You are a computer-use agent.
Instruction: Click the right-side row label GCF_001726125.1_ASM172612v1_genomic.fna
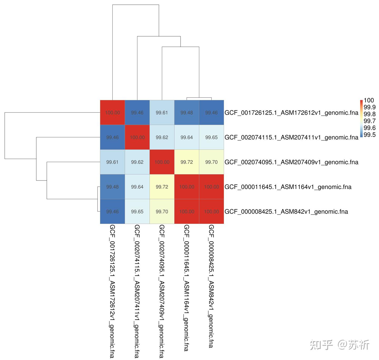click(x=291, y=113)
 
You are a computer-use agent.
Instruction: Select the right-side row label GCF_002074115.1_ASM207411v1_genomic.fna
click(x=291, y=137)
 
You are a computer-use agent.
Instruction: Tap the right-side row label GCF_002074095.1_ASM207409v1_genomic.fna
click(x=291, y=162)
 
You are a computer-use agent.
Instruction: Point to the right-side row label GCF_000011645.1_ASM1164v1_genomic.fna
click(x=288, y=187)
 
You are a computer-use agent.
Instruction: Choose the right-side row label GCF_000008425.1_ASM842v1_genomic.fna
click(x=286, y=212)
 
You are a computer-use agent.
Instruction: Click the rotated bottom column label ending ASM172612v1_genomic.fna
click(x=112, y=291)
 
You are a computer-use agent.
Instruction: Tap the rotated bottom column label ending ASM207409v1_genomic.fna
click(x=162, y=291)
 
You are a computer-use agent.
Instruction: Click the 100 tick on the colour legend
click(x=369, y=100)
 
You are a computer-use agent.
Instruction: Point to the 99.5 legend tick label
click(x=370, y=135)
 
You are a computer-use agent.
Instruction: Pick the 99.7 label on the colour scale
click(x=370, y=121)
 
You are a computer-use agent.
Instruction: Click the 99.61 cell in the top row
click(x=162, y=113)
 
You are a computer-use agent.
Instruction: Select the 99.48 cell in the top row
click(x=187, y=113)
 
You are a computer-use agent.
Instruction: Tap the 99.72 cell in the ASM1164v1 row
click(x=162, y=187)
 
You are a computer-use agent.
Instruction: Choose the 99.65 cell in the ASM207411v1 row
click(x=211, y=137)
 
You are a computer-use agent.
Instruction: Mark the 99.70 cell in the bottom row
click(x=162, y=212)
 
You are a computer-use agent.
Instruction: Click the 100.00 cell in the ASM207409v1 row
click(x=162, y=162)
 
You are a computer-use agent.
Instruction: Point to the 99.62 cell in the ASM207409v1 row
click(x=137, y=162)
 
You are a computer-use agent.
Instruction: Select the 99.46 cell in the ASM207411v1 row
click(x=112, y=137)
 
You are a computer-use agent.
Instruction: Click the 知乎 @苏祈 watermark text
click(x=340, y=344)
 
